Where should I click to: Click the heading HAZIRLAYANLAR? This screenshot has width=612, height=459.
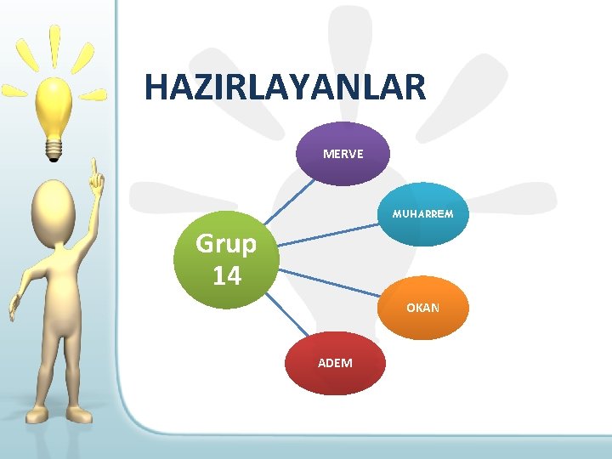[285, 88]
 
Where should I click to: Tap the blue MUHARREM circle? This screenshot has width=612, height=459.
[422, 214]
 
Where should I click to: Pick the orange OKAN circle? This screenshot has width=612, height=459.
[422, 308]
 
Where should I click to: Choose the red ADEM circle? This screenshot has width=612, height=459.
[335, 363]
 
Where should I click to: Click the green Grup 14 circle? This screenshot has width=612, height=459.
[226, 259]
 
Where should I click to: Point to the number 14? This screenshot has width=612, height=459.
[226, 275]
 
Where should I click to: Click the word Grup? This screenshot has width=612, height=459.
[226, 244]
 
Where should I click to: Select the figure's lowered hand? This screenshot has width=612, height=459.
[14, 306]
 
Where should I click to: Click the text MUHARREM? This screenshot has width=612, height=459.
[422, 214]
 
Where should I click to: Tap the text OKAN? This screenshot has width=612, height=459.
[422, 308]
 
